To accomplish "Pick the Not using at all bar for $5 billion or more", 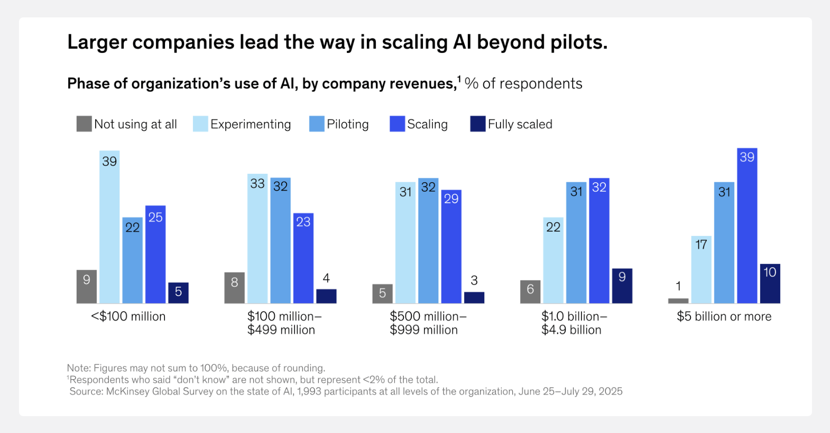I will click(678, 301).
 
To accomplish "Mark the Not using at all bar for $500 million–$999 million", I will click(382, 294).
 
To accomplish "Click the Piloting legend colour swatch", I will click(317, 124).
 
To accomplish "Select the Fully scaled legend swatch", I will click(478, 124).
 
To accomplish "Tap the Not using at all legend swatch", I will click(84, 124).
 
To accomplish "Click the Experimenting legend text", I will click(251, 125).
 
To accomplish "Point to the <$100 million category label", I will click(128, 316).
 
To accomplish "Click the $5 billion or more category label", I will click(724, 316).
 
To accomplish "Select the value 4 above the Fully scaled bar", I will click(326, 278).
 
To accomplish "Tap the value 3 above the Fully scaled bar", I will click(474, 280).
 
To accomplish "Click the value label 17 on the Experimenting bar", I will click(701, 244).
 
